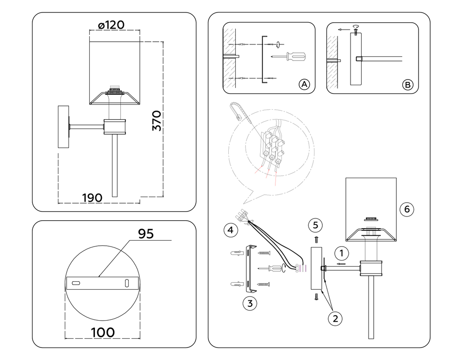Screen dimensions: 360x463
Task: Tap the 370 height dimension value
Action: [157, 121]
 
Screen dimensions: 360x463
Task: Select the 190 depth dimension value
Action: [92, 198]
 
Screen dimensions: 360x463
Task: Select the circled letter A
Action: [304, 84]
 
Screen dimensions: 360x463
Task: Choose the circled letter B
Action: [407, 85]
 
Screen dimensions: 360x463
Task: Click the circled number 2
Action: [335, 318]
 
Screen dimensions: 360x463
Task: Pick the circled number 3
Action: [250, 304]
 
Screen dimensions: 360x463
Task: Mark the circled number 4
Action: [230, 229]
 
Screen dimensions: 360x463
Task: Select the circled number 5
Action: [315, 225]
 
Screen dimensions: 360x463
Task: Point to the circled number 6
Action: [407, 209]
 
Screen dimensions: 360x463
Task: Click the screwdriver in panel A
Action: [289, 57]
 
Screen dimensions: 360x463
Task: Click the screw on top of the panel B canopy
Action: [355, 31]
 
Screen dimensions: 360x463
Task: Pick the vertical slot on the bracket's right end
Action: [126, 283]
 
